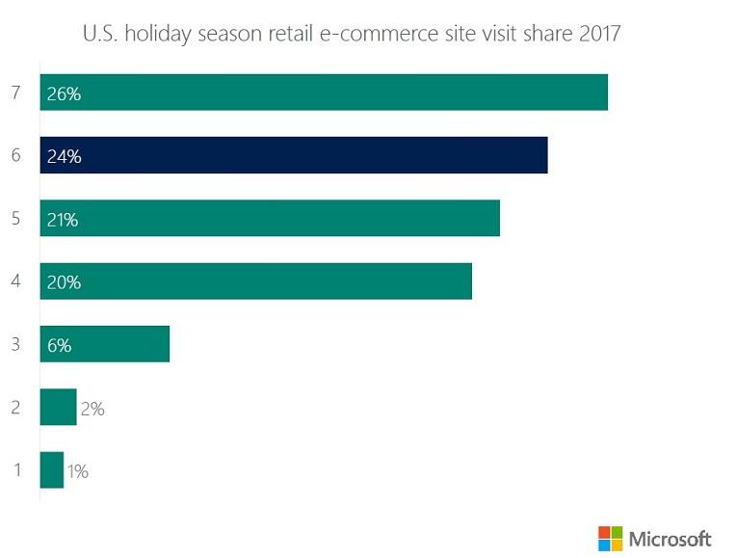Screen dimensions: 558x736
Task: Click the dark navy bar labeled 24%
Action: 294,155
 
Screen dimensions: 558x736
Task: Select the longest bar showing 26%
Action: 324,93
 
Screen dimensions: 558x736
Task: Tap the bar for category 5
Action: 270,218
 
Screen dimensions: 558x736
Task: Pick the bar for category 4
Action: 256,281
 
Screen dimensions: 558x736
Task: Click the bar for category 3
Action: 105,344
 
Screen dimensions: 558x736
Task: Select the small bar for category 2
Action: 58,407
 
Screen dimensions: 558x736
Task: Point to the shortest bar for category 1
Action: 52,470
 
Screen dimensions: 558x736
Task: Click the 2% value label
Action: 92,409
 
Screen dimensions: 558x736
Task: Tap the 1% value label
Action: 78,471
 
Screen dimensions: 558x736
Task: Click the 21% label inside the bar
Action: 63,220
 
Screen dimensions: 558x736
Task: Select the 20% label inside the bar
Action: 63,282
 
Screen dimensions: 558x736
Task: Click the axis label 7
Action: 15,93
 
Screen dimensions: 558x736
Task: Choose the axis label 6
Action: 15,155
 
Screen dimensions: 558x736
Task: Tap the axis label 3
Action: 15,344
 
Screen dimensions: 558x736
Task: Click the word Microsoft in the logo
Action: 670,538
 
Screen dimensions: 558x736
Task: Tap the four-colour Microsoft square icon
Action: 610,538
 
